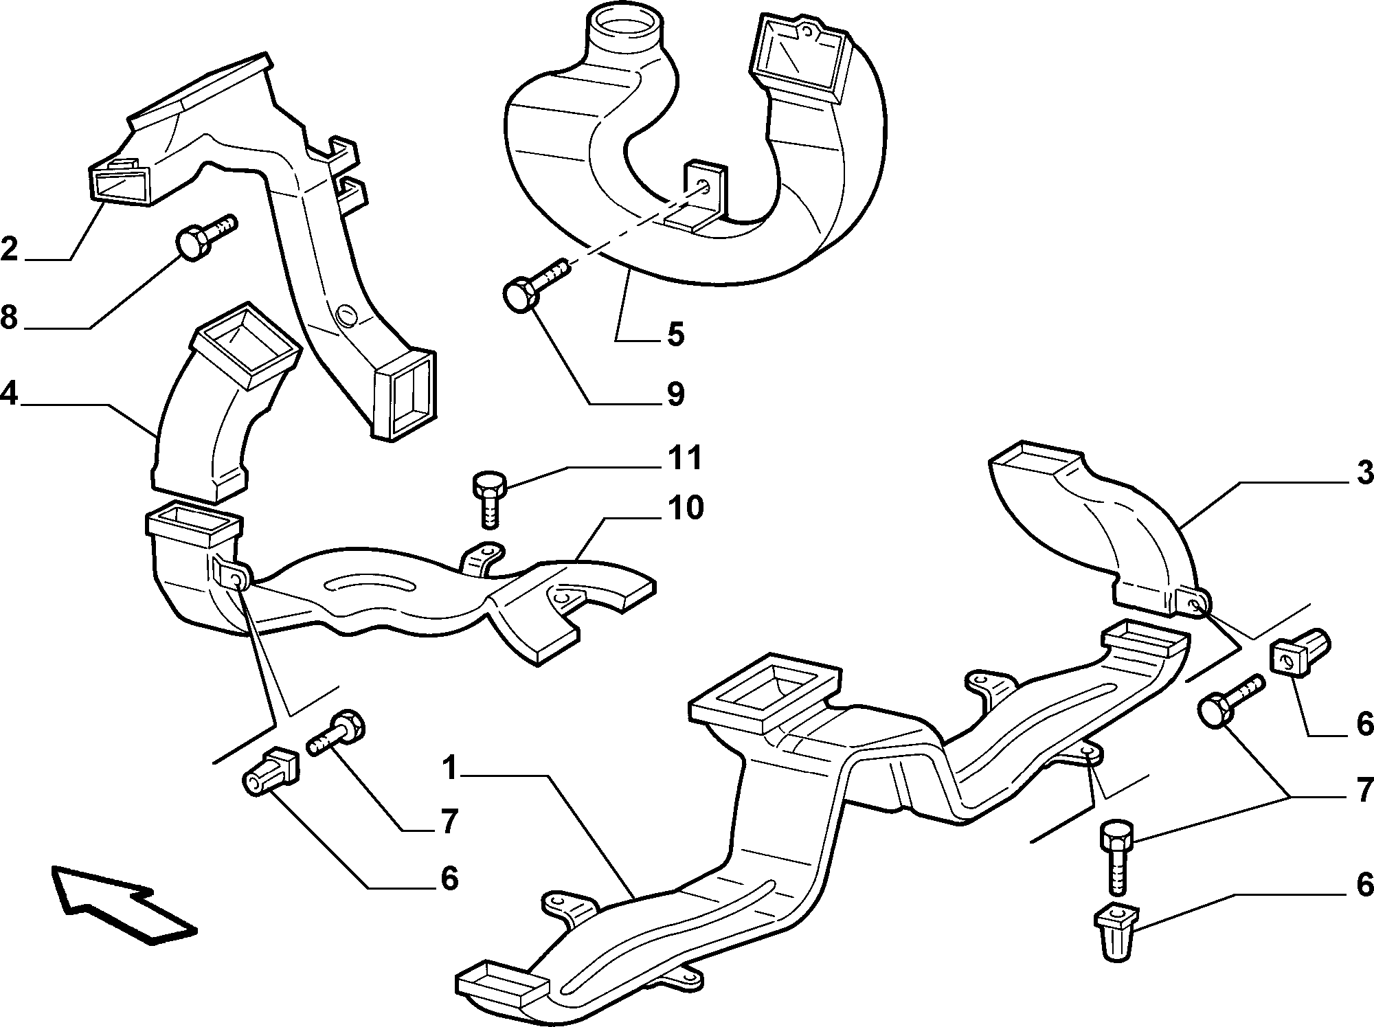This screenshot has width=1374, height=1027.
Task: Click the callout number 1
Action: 450,769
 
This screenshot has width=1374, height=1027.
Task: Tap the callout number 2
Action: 9,248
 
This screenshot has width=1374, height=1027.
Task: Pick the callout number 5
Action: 675,335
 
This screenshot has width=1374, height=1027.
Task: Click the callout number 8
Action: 9,317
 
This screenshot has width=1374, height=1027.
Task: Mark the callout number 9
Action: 675,394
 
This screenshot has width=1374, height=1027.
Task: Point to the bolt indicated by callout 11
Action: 488,499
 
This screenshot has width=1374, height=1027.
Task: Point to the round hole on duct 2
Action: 346,317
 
